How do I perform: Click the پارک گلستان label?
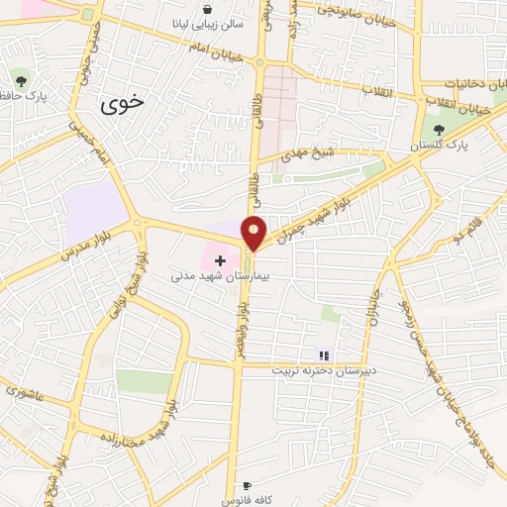click(440, 146)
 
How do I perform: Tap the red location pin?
click(254, 233)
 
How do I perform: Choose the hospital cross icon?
click(220, 259)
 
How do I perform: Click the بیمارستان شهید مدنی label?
click(216, 275)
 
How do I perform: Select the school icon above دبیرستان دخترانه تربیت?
click(322, 355)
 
